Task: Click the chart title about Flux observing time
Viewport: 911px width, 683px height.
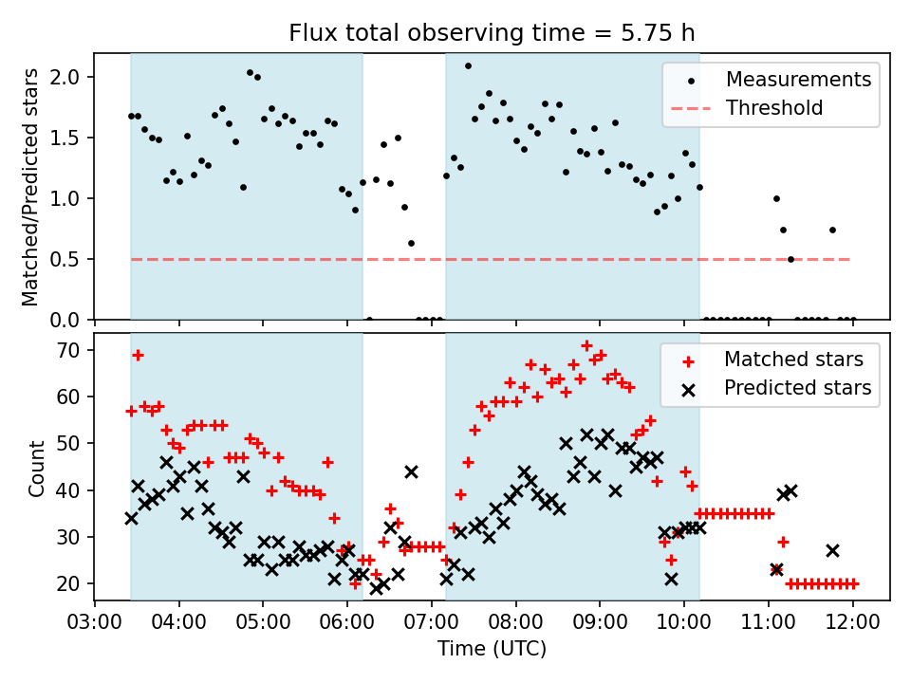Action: tap(493, 34)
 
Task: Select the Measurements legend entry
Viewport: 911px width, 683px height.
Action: tap(798, 80)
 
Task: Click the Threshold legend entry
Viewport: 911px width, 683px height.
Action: tap(773, 108)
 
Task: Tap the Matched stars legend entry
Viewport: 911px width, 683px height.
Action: tap(793, 360)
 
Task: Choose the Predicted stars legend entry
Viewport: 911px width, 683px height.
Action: tap(797, 387)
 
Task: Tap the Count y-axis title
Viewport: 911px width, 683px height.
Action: tap(36, 468)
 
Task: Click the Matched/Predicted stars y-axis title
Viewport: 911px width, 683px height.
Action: tap(30, 187)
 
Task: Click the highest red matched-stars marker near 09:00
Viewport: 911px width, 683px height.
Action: tap(586, 346)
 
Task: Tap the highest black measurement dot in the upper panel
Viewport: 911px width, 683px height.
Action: tap(468, 66)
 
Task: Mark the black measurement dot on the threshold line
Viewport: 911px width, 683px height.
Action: tap(790, 259)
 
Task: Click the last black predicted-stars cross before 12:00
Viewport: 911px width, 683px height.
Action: tap(832, 550)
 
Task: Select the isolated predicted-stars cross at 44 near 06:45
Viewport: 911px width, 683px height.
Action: tap(411, 471)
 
